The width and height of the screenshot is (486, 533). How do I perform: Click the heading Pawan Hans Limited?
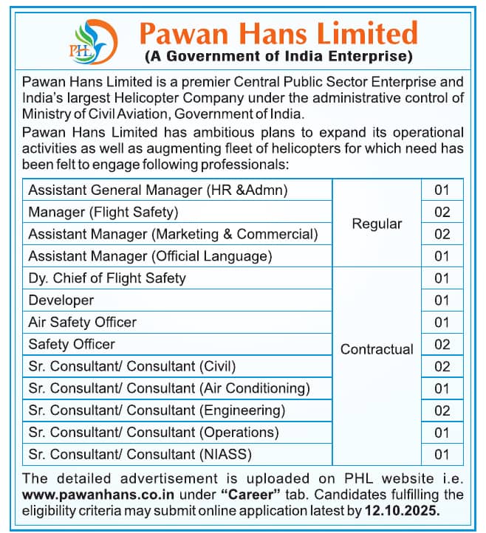(x=278, y=32)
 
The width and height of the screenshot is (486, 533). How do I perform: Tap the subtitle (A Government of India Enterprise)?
(x=278, y=56)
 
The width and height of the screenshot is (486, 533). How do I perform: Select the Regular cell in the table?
(x=377, y=224)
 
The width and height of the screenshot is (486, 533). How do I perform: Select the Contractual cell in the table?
(x=377, y=349)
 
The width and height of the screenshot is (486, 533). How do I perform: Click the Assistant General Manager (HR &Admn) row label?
(x=158, y=190)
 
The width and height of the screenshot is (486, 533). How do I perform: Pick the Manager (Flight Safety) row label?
(x=103, y=213)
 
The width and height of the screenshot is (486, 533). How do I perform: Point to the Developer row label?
(x=61, y=300)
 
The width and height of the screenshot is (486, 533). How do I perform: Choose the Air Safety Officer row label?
(x=82, y=323)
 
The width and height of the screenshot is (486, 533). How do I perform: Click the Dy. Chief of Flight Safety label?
(x=107, y=278)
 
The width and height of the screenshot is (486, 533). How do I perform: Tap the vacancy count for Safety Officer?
(x=442, y=344)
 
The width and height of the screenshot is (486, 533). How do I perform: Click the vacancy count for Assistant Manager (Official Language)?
(x=442, y=256)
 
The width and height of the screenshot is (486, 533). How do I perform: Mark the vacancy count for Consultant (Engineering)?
(x=442, y=410)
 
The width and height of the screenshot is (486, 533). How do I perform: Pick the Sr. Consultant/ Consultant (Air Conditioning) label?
(x=169, y=388)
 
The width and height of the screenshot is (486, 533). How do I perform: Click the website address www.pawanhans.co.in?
(x=86, y=495)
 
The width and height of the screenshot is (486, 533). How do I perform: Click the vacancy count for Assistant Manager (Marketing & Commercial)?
(x=442, y=234)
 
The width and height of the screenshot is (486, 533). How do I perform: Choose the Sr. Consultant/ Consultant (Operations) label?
(x=154, y=432)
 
